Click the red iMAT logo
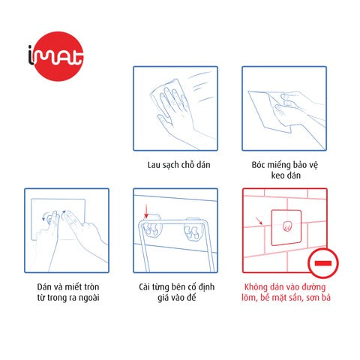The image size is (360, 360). [x=56, y=56]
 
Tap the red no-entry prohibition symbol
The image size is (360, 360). [x=323, y=263]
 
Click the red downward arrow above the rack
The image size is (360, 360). [x=146, y=211]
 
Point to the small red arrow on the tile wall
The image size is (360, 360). [x=259, y=220]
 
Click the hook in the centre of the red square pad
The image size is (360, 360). [x=286, y=226]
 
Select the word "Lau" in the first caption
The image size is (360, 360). [x=154, y=165]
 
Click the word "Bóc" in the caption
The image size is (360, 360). [x=258, y=165]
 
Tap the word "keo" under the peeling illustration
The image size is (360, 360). [x=277, y=175]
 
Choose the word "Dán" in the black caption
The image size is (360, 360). [x=44, y=286]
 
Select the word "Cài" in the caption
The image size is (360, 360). [x=145, y=286]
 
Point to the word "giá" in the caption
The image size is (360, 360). [x=163, y=298]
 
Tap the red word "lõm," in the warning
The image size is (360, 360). [x=250, y=298]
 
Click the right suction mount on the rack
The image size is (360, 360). [x=193, y=230]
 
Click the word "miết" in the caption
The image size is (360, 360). [x=76, y=286]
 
